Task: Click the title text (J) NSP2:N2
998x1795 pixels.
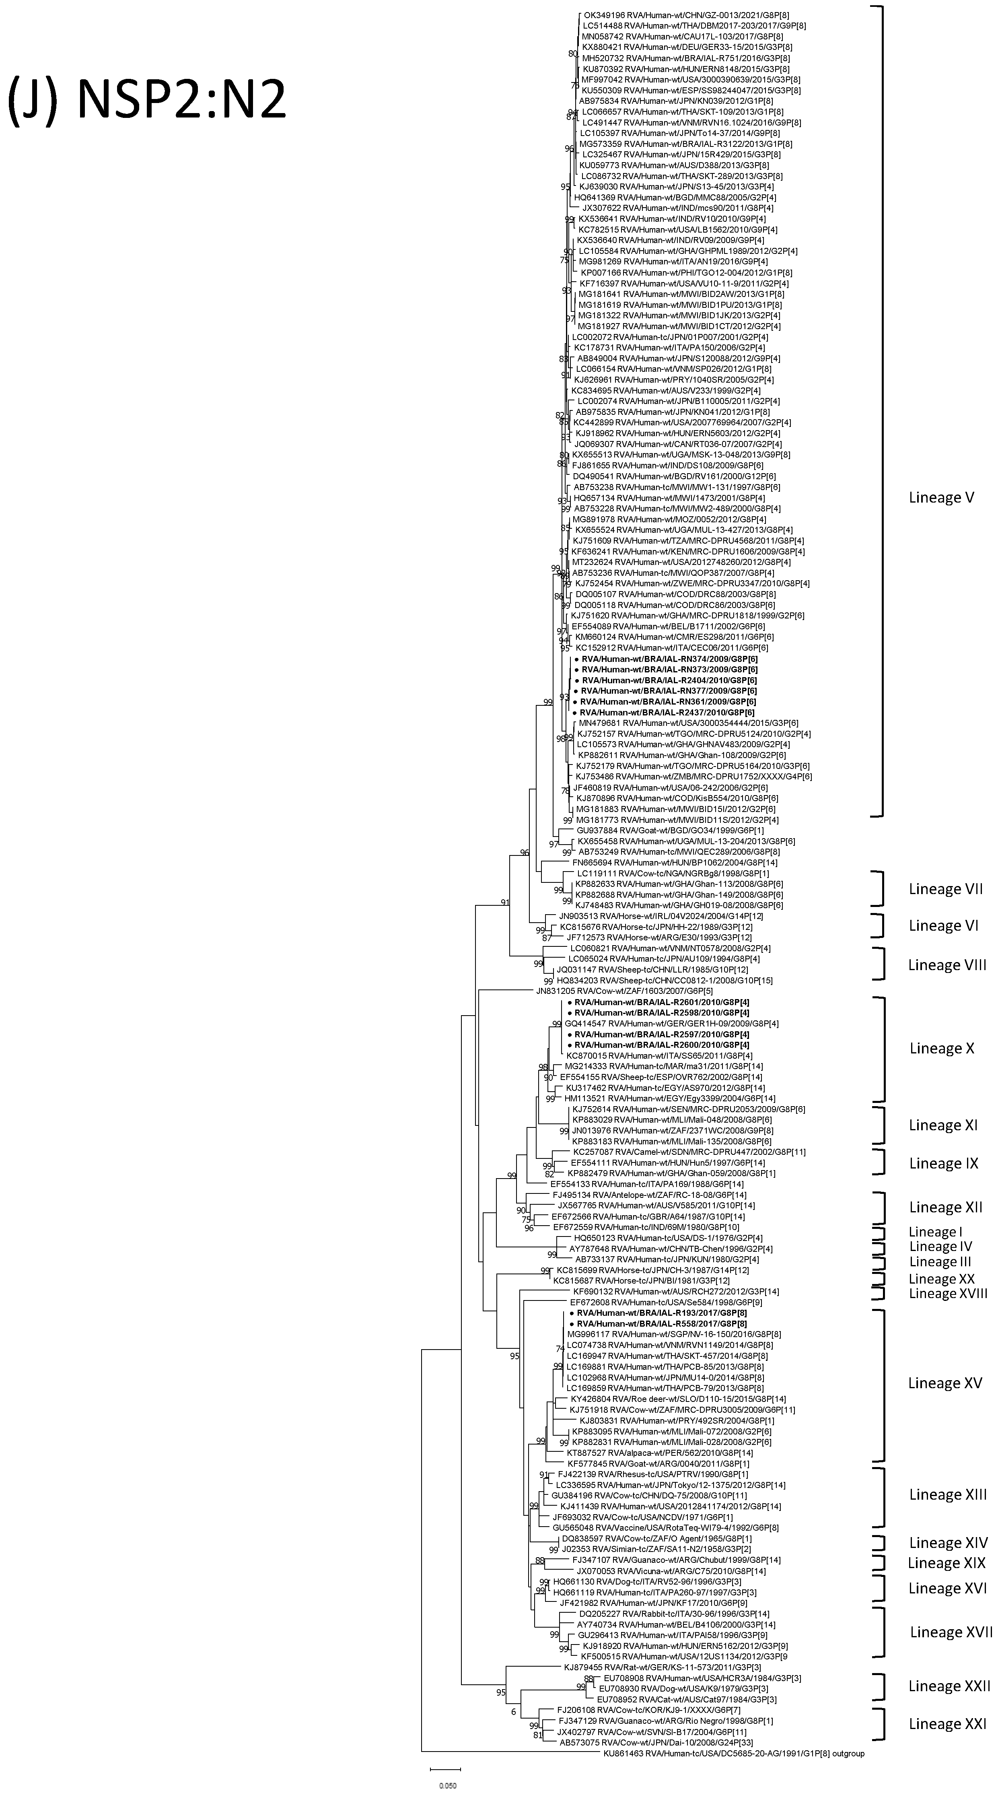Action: pyautogui.click(x=147, y=98)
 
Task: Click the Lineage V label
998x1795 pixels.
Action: pyautogui.click(x=941, y=497)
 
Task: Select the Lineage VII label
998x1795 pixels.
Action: pyautogui.click(x=945, y=889)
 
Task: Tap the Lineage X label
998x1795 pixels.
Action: pyautogui.click(x=942, y=1049)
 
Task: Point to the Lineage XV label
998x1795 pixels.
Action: pyautogui.click(x=944, y=1383)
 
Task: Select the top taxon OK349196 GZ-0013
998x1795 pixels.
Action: pyautogui.click(x=676, y=14)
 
